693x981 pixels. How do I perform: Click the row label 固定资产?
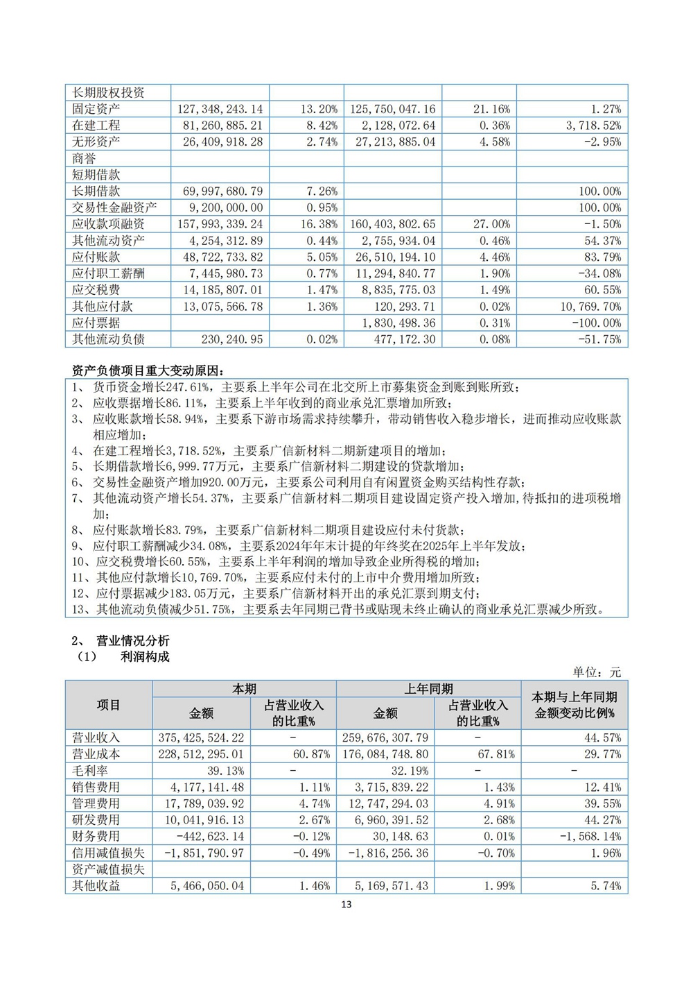(x=96, y=109)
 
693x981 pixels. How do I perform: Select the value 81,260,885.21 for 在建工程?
(x=220, y=126)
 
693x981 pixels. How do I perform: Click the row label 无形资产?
(x=96, y=142)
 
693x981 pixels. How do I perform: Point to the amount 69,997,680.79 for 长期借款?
(x=220, y=191)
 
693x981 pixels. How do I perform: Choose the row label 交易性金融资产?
(x=114, y=207)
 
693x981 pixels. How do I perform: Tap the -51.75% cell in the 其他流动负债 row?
(x=598, y=339)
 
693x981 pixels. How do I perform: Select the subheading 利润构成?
(x=145, y=656)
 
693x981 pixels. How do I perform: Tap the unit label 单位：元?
(x=597, y=672)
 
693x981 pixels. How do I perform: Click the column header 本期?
(x=244, y=689)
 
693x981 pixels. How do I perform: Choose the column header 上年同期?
(x=428, y=689)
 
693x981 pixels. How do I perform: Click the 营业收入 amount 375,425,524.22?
(x=207, y=738)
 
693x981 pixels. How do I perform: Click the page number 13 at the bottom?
(x=346, y=904)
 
